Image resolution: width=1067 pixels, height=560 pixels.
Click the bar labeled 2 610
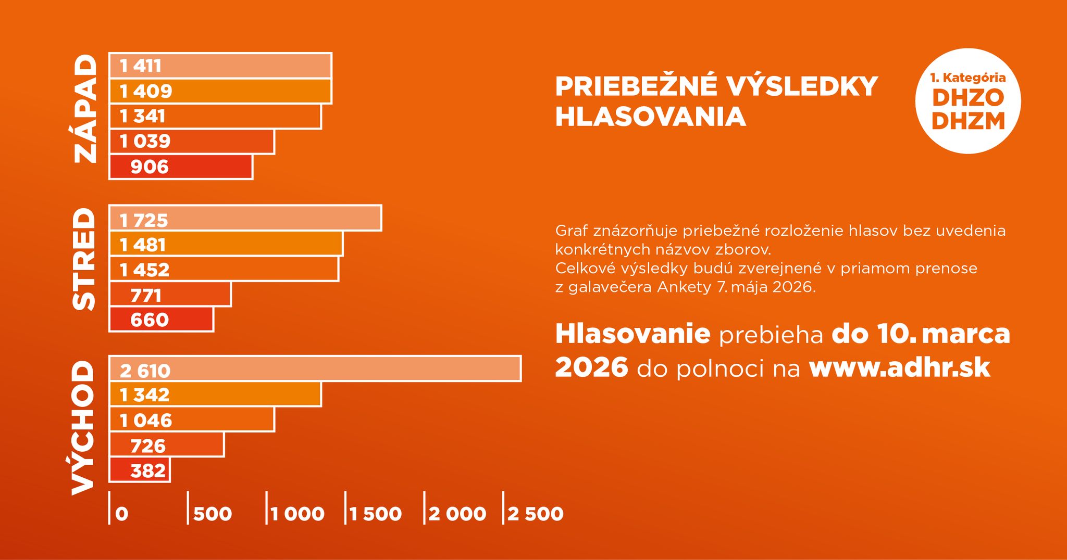point(315,369)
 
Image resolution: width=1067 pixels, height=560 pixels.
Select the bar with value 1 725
point(245,218)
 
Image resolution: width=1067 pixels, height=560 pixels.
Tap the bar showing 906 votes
point(181,167)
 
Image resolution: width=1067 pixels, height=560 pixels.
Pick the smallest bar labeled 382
point(140,470)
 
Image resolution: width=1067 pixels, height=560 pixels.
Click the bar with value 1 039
point(192,142)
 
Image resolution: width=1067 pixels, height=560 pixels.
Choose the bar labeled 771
point(170,295)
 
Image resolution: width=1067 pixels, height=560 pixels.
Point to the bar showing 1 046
point(192,419)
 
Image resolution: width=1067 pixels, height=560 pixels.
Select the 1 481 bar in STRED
point(226,244)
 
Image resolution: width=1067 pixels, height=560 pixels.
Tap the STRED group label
point(84,259)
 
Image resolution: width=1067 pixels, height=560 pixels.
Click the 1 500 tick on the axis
point(376,514)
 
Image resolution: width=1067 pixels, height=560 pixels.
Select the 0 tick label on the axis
point(121,514)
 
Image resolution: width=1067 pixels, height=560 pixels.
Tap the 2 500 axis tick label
point(535,514)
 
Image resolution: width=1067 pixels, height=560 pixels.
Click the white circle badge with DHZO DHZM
point(967,101)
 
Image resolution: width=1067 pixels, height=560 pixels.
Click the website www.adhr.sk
point(899,367)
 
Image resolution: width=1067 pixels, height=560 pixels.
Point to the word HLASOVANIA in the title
point(650,117)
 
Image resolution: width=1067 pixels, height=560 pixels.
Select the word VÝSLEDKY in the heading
point(802,86)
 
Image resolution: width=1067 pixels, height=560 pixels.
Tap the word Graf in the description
point(572,231)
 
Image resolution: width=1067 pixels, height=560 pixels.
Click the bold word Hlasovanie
point(632,334)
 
